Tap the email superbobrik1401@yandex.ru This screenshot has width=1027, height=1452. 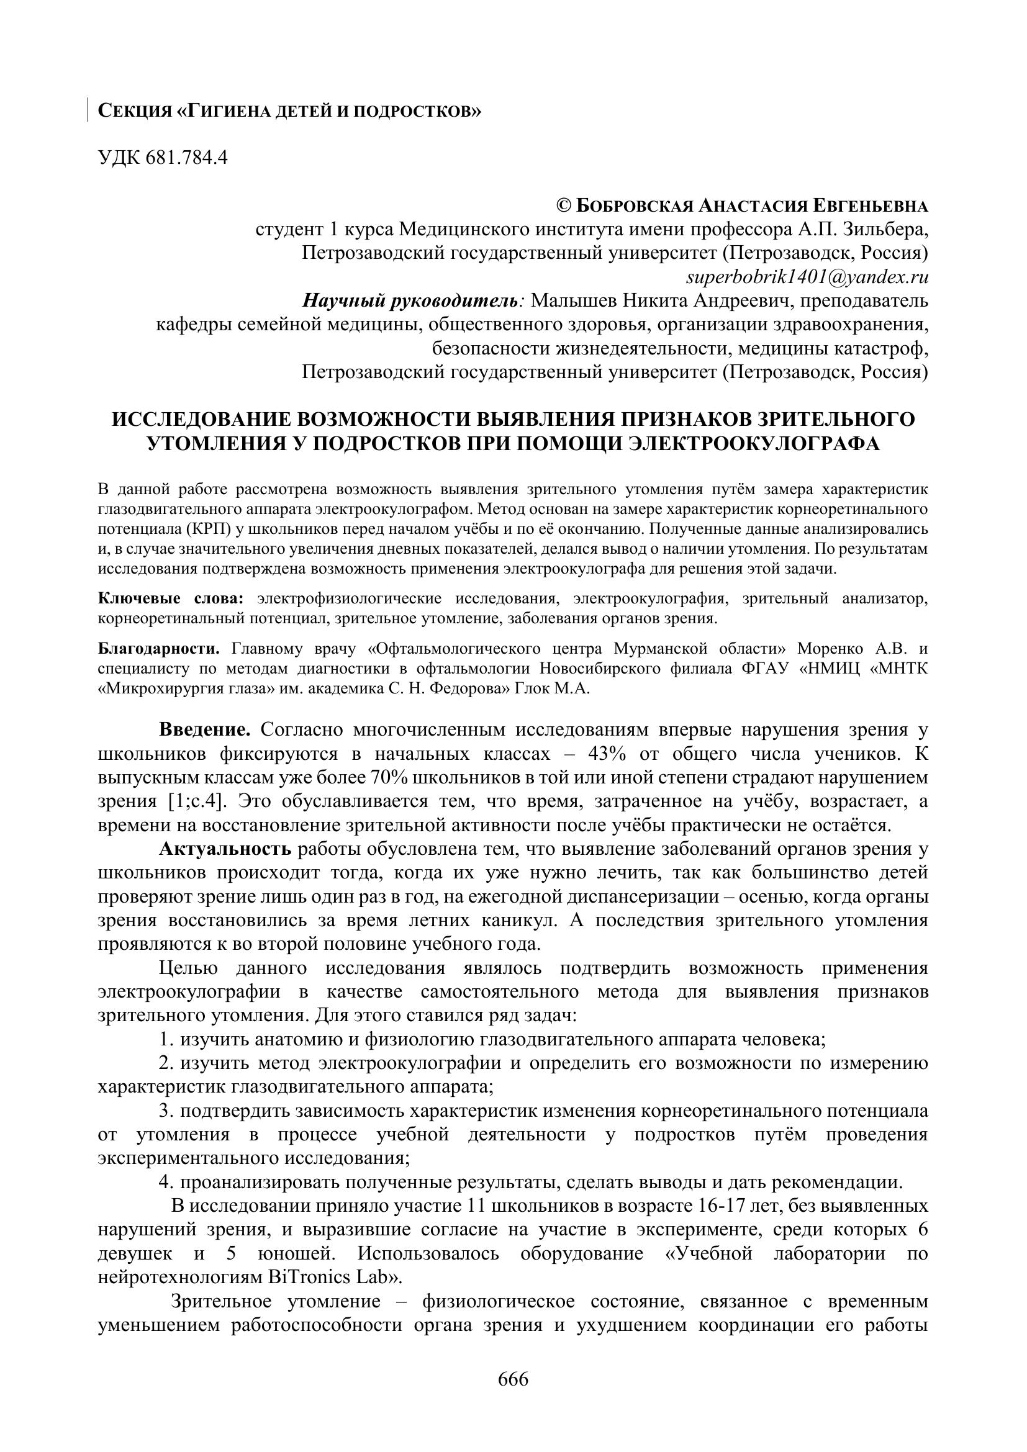tap(807, 276)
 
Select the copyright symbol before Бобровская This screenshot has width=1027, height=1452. tap(563, 205)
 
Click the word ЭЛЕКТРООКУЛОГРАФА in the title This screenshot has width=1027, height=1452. tap(753, 443)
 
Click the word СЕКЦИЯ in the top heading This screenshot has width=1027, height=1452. tap(135, 111)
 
